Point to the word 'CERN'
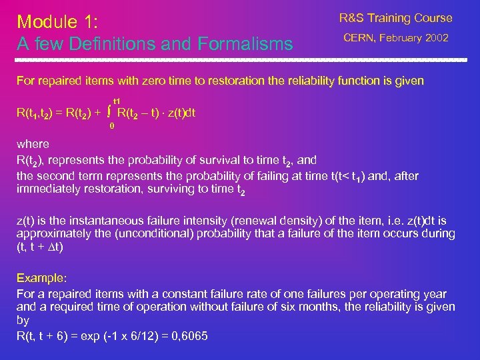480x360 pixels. click(361, 39)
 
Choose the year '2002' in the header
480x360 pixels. click(435, 39)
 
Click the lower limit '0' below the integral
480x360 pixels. click(112, 125)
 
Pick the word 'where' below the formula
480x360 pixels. click(33, 144)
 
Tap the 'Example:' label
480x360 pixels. click(39, 277)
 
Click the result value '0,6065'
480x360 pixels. click(190, 335)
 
